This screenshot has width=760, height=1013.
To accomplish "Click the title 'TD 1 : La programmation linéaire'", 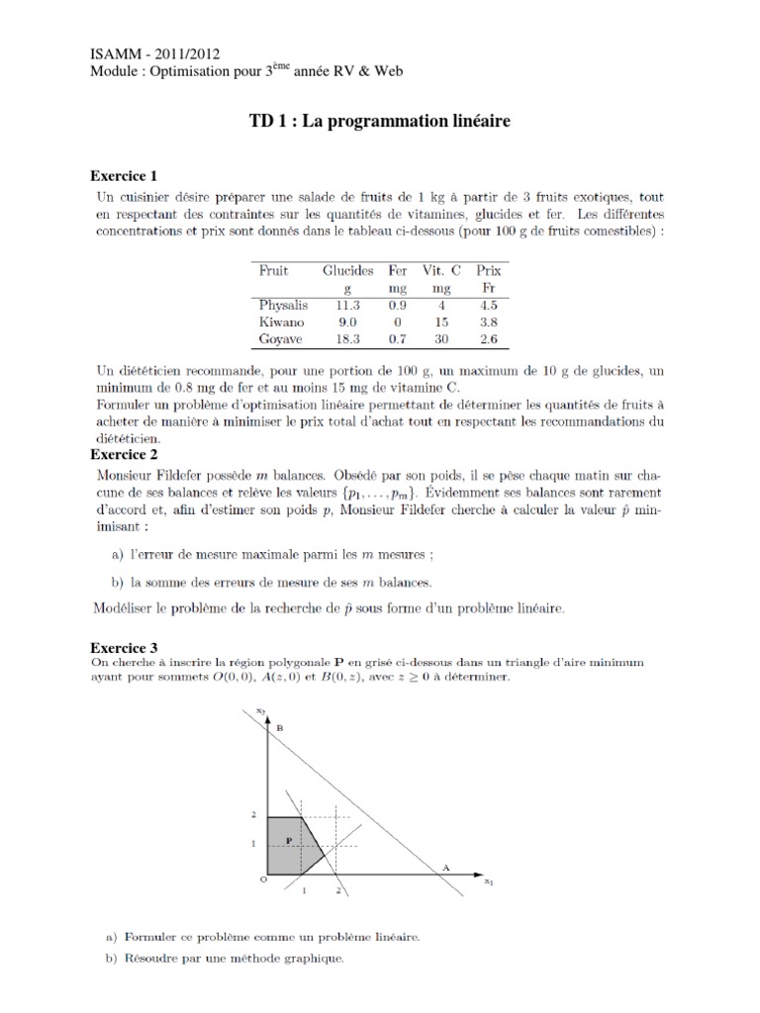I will coord(380,122).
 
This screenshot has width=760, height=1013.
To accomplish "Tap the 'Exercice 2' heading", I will coord(124,454).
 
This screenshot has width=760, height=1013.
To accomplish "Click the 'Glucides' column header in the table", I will coord(347,270).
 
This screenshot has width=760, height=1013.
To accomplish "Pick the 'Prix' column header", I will coord(488,270).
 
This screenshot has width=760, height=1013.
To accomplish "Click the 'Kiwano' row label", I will coord(280,322).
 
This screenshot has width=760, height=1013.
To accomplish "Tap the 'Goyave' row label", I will coord(280,338).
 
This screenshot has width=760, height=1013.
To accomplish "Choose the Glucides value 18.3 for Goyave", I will coord(347,338).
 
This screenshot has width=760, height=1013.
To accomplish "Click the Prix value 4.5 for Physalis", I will coord(488,305).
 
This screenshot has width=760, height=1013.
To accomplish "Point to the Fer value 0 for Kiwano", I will coord(398,322).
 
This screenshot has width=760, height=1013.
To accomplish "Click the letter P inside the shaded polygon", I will coord(288,840).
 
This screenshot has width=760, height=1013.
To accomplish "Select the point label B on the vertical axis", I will coord(278,728).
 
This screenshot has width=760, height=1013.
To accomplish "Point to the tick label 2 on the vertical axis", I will coord(253,814).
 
